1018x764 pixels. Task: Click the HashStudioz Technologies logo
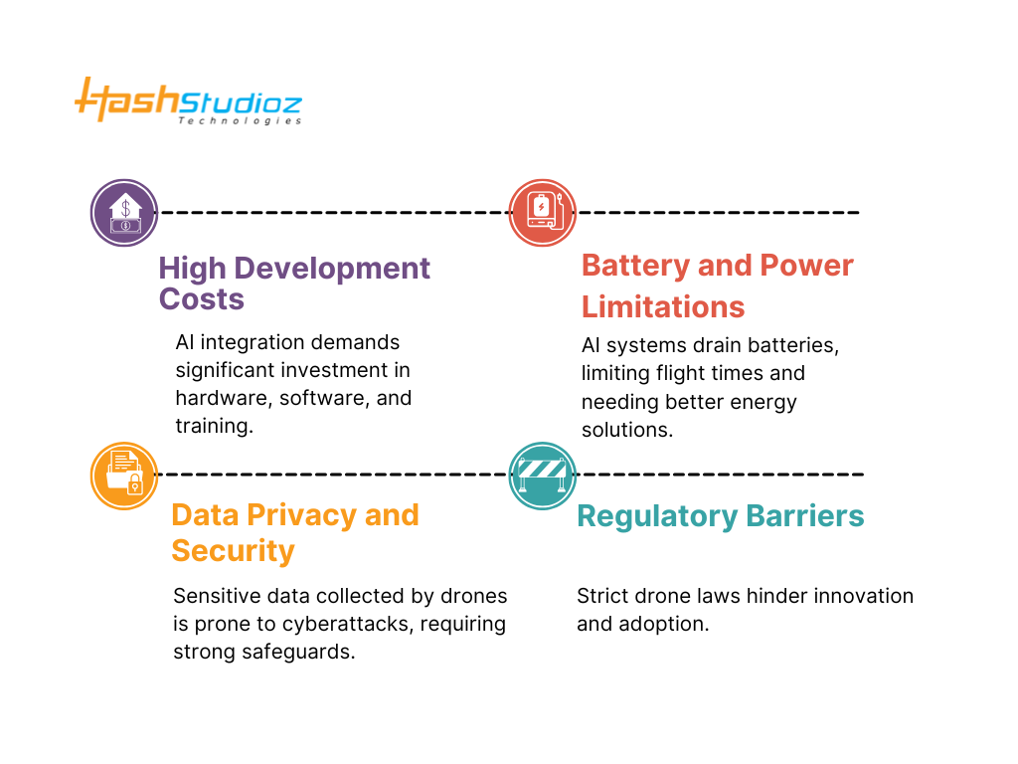tap(188, 100)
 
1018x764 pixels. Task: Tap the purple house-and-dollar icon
tap(124, 213)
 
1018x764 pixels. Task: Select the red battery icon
tap(542, 213)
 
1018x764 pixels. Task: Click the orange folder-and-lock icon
tap(124, 477)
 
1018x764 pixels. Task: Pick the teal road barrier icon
tap(542, 477)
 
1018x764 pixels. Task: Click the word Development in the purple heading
tap(332, 269)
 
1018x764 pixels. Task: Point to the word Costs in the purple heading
tap(202, 299)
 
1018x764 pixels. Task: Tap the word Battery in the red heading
tap(635, 266)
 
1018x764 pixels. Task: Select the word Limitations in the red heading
tap(663, 306)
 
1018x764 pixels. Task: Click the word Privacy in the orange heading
tap(302, 515)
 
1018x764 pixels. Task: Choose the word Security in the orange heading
tap(233, 551)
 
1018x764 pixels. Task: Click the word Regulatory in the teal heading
tap(658, 516)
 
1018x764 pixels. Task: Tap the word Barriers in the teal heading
tap(805, 516)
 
